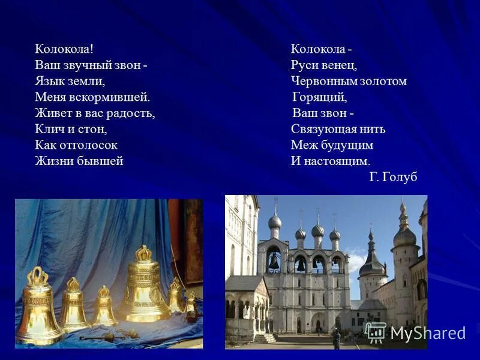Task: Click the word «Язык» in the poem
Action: point(48,80)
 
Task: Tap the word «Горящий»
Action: point(320,97)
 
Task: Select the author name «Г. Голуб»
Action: point(393,177)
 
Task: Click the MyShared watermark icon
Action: point(376,332)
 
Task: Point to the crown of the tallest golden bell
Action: point(143,253)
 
